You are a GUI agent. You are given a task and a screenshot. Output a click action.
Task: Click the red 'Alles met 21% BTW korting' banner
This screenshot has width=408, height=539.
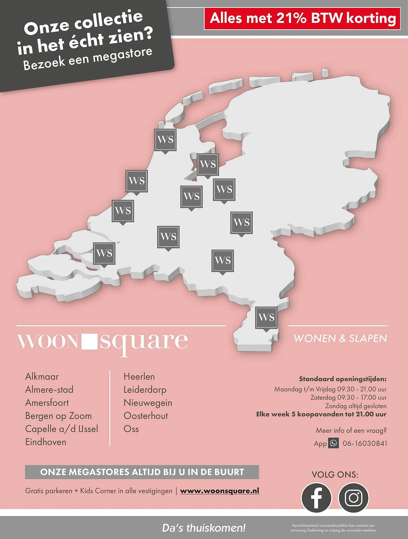[x=302, y=19]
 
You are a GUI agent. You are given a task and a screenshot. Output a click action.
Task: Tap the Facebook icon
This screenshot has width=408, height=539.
[x=316, y=497]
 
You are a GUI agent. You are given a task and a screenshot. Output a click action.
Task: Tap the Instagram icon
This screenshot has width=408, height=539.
[x=353, y=497]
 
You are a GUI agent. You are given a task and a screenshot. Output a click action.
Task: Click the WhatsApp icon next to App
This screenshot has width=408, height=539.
[x=333, y=443]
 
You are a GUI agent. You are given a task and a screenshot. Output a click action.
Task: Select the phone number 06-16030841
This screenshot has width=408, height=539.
[x=365, y=443]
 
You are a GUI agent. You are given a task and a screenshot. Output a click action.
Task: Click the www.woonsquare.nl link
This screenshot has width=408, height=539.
[x=219, y=491]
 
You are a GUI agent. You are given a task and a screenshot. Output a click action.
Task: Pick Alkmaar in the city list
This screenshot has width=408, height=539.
[x=42, y=376]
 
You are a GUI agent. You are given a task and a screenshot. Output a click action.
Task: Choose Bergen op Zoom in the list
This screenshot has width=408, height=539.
[x=58, y=416]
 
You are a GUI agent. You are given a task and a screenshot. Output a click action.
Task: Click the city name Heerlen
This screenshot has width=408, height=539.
[x=139, y=376]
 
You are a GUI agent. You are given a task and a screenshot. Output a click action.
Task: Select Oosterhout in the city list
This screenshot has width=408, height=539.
[x=146, y=416]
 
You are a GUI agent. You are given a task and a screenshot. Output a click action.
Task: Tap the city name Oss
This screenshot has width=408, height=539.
[x=131, y=429]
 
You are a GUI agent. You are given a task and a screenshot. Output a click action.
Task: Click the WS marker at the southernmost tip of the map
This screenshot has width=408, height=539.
[x=266, y=317]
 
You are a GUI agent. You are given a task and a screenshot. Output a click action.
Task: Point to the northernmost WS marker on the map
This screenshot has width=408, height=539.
[x=165, y=140]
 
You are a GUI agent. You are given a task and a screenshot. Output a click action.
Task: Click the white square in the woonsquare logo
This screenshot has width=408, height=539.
[x=89, y=341]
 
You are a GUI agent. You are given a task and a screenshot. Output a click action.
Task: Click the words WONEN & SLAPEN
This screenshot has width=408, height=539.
[x=340, y=338]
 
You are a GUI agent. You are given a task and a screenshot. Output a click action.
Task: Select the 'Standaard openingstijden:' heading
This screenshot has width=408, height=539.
[x=343, y=379]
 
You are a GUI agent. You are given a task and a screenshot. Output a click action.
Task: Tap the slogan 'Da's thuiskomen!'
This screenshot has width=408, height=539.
[x=204, y=528]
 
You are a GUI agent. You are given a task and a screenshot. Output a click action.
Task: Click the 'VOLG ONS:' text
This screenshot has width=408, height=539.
[x=335, y=475]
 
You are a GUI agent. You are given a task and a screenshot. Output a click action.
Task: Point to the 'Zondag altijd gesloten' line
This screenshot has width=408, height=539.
[x=355, y=406]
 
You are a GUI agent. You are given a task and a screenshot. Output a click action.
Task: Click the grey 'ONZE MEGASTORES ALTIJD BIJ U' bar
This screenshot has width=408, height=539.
[x=142, y=472]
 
